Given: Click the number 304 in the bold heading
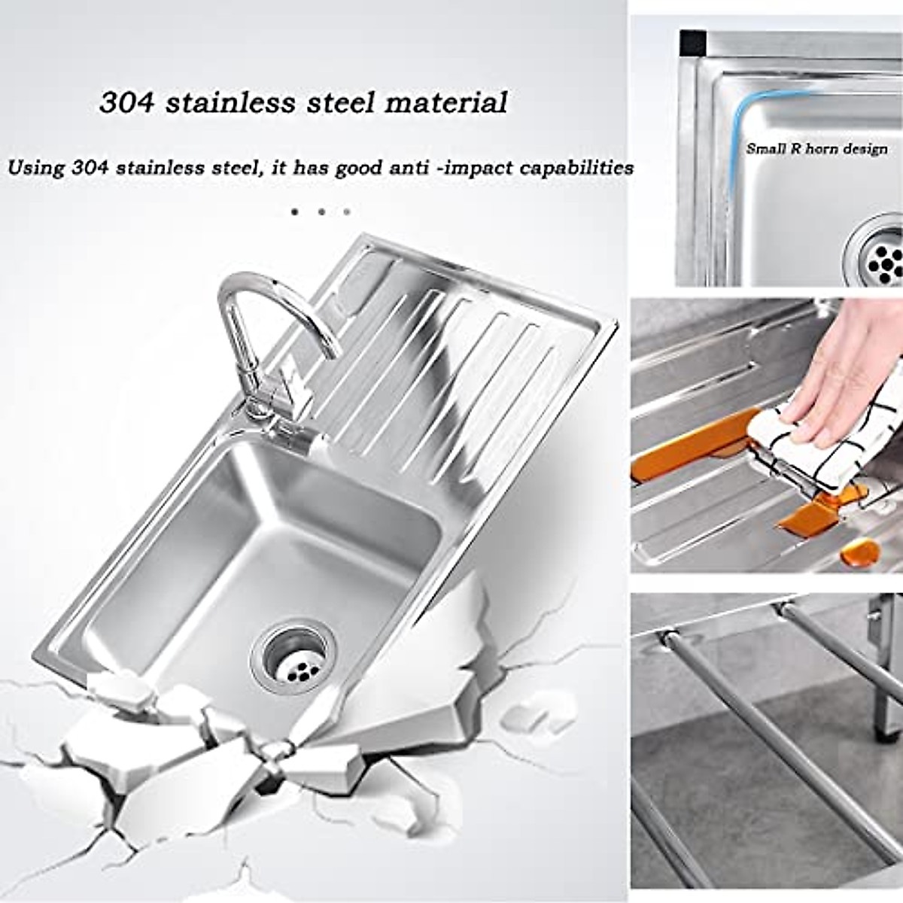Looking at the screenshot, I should tap(126, 102).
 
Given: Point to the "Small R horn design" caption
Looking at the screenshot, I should tap(816, 149).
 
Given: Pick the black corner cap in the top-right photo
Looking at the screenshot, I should tap(692, 44).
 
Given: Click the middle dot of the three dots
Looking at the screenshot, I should tap(321, 212).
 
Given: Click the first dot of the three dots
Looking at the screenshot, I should tap(295, 212).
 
